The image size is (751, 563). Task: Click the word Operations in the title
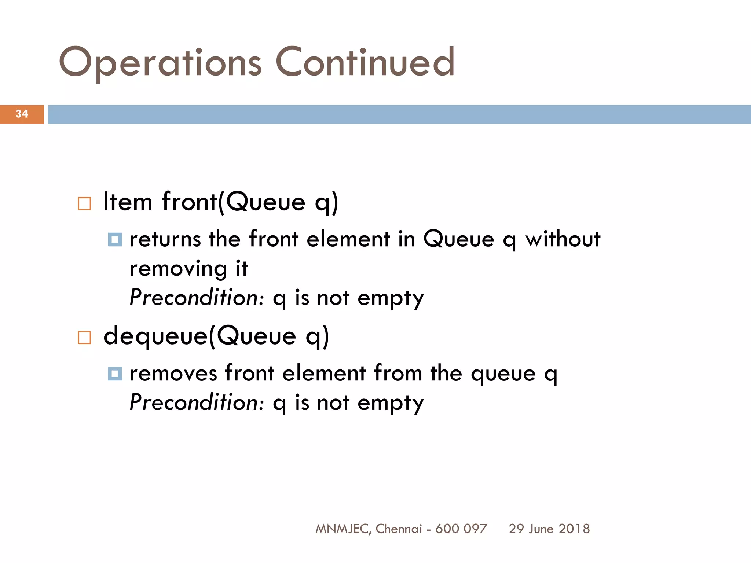160,63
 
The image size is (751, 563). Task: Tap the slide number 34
22,114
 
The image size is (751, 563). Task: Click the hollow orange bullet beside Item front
84,203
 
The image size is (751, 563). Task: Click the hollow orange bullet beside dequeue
84,338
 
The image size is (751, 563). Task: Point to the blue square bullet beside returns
115,240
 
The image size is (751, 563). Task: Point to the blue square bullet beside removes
115,374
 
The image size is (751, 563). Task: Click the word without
563,239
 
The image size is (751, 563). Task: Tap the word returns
165,240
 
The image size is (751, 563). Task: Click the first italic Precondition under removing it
197,297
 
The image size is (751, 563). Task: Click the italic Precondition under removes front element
197,402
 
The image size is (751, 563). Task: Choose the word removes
173,374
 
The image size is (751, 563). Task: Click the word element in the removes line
324,374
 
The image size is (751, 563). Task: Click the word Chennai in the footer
399,529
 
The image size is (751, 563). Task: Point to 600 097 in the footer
461,529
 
